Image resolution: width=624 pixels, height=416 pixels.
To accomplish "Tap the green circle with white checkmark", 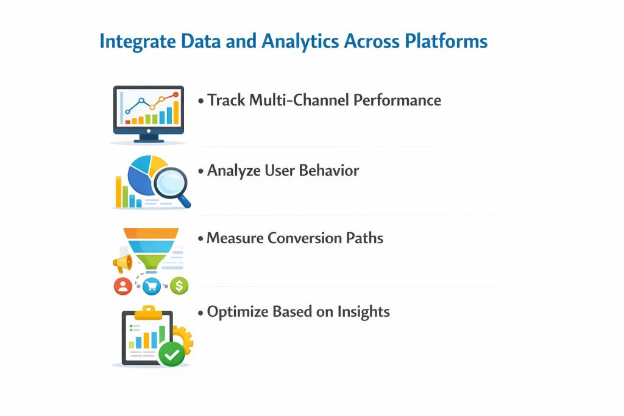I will pyautogui.click(x=171, y=353).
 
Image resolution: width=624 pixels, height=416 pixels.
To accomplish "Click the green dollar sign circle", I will pyautogui.click(x=179, y=284).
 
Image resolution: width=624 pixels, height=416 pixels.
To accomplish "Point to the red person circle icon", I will pyautogui.click(x=123, y=284).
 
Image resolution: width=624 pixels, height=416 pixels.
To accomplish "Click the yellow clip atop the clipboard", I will pyautogui.click(x=147, y=312).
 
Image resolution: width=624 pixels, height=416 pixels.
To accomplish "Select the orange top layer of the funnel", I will pyautogui.click(x=151, y=233).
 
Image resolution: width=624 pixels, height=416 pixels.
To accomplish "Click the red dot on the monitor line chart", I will pyautogui.click(x=176, y=94).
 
